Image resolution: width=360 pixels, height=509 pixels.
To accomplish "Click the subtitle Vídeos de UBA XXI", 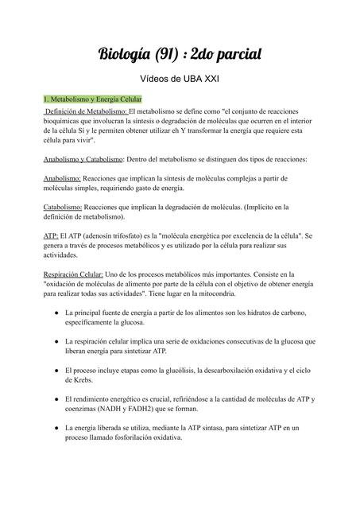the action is (x=180, y=80).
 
